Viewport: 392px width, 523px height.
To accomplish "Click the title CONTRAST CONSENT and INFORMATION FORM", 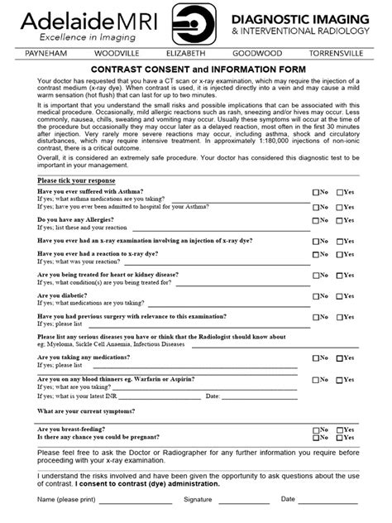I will click(x=196, y=69).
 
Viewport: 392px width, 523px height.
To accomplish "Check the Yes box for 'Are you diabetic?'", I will click(x=339, y=295).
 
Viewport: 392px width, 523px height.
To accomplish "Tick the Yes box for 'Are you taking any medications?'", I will click(x=339, y=357).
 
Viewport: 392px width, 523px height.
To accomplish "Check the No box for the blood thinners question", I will click(x=315, y=379).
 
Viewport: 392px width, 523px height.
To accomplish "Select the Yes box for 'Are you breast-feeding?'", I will click(x=339, y=429).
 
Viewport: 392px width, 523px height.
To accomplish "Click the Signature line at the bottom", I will click(x=243, y=503).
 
